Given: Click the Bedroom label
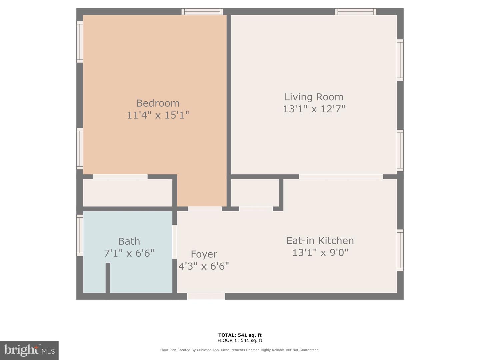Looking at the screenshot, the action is [x=158, y=103].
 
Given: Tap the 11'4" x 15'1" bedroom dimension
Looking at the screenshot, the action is [x=158, y=115].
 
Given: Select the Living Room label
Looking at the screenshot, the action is [x=314, y=97].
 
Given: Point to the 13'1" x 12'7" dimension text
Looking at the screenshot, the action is [x=314, y=109].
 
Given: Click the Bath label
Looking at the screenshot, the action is [x=129, y=241].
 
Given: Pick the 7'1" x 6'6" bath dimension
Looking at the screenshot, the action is [x=129, y=253].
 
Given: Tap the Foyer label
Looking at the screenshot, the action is [x=204, y=254].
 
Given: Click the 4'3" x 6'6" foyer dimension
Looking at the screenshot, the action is [x=204, y=266].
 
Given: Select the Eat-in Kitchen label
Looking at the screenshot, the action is [x=320, y=241].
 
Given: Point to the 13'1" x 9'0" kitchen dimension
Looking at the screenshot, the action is [x=320, y=253].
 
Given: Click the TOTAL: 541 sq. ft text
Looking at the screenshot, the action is [x=240, y=335].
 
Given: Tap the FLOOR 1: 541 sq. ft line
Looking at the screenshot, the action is [x=240, y=340].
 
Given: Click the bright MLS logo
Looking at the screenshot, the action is [x=29, y=350].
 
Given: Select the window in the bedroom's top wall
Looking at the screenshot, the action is [x=202, y=12].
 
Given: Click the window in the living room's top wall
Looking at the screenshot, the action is [x=356, y=12].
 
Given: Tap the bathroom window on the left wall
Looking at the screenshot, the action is [x=80, y=235].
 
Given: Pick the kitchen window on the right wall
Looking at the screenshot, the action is [x=400, y=250].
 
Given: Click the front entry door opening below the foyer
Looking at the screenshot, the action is [x=206, y=296].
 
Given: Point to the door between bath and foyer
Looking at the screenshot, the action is [x=175, y=242].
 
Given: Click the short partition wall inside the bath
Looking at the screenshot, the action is [x=108, y=278].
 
